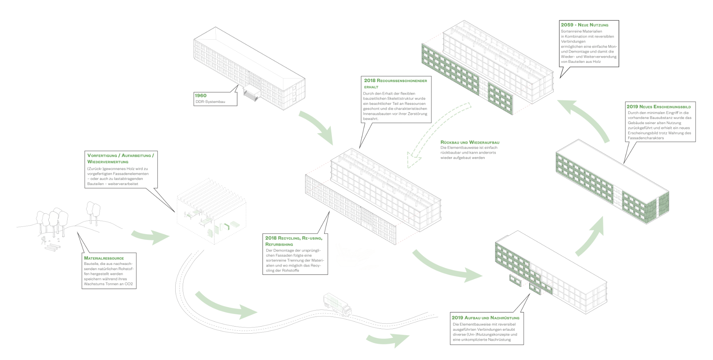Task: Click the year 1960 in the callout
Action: click(x=201, y=95)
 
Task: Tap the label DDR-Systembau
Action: click(x=210, y=102)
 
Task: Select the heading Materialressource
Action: click(x=104, y=258)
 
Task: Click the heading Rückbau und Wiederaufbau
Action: click(x=470, y=142)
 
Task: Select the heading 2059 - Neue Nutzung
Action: click(x=585, y=25)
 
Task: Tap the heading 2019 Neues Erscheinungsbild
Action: click(x=659, y=107)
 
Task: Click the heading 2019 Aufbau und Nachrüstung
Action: click(x=485, y=318)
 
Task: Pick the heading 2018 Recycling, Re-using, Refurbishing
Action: click(x=294, y=241)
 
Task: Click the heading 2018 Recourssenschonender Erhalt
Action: click(x=395, y=83)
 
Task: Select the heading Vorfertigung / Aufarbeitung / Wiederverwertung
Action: click(x=120, y=158)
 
